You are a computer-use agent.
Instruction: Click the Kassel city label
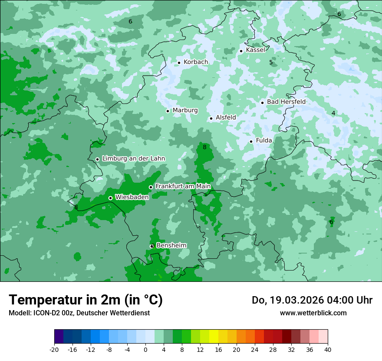click(255, 50)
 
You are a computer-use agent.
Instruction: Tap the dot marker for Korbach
click(179, 63)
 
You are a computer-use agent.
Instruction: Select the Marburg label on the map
click(185, 110)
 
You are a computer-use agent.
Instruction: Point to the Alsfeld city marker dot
click(211, 118)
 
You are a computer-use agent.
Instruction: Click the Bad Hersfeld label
click(286, 102)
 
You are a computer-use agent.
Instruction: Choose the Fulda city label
click(264, 140)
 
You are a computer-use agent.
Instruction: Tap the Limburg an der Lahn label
click(133, 159)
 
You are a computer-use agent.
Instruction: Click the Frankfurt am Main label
click(183, 187)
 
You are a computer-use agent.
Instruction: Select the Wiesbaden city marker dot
click(110, 198)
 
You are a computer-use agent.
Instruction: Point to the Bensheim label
click(171, 246)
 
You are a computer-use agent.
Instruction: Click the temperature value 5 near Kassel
click(271, 63)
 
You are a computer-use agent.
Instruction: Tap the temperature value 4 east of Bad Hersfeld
click(333, 114)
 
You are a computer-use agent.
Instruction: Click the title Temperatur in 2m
click(86, 300)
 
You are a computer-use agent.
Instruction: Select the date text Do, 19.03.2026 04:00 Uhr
click(312, 300)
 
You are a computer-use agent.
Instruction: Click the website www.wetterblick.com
click(313, 313)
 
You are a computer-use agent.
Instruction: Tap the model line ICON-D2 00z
click(79, 313)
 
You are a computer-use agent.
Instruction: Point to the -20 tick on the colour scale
click(54, 349)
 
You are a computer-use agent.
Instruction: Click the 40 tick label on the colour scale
click(327, 349)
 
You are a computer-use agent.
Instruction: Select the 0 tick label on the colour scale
click(145, 349)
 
